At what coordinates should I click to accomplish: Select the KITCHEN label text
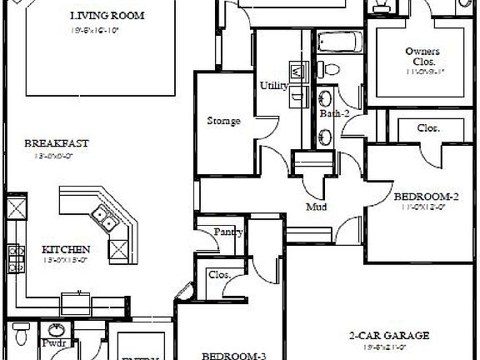pyautogui.click(x=66, y=249)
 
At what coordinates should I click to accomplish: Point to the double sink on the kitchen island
pyautogui.click(x=104, y=219)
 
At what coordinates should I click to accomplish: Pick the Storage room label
pyautogui.click(x=223, y=121)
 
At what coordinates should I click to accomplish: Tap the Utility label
pyautogui.click(x=272, y=85)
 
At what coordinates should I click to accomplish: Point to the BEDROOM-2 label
pyautogui.click(x=427, y=197)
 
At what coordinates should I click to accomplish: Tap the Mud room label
pyautogui.click(x=316, y=206)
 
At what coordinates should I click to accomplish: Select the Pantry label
pyautogui.click(x=227, y=232)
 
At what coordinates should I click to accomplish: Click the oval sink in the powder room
pyautogui.click(x=57, y=329)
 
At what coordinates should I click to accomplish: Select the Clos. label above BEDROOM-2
pyautogui.click(x=428, y=128)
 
